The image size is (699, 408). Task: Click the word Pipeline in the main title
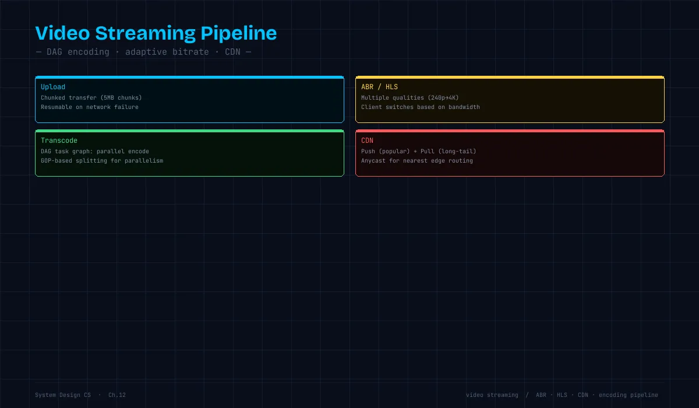click(x=239, y=34)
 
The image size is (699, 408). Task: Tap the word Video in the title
click(x=63, y=33)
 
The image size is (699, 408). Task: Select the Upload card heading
click(x=53, y=87)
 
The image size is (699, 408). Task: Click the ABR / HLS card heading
click(x=379, y=87)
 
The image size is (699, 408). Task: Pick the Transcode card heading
click(x=59, y=140)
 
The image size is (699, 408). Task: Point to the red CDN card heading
click(x=368, y=140)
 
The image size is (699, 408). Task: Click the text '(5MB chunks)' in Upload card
click(x=121, y=98)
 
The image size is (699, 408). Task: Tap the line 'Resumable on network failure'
click(x=90, y=107)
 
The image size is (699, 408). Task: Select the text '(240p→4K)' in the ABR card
click(x=443, y=98)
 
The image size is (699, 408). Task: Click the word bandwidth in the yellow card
click(x=464, y=107)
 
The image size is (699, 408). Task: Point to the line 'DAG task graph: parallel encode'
click(x=95, y=152)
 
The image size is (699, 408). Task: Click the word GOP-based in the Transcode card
click(x=57, y=161)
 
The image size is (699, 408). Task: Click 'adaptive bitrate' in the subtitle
click(x=167, y=52)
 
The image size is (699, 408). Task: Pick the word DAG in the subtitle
click(x=54, y=52)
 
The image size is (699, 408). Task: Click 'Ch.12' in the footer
click(x=117, y=395)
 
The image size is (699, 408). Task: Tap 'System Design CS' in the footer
click(x=63, y=395)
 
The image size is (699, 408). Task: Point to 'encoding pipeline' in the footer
click(x=628, y=395)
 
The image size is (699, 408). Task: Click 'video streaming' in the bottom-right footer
click(x=492, y=395)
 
